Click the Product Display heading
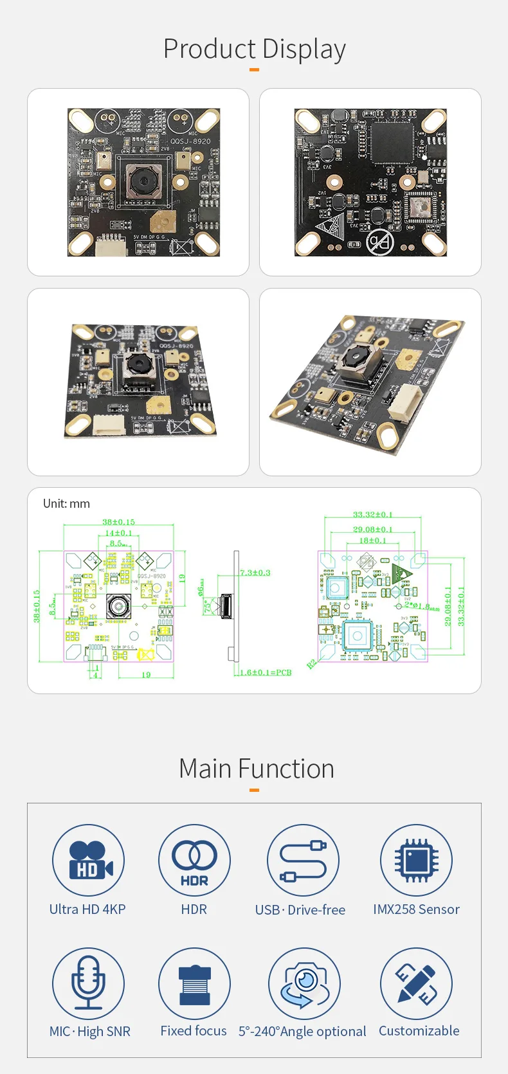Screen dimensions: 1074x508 (254, 49)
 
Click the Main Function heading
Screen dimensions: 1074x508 (256, 769)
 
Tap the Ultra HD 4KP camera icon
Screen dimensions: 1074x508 (88, 860)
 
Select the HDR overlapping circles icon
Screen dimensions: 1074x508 (194, 860)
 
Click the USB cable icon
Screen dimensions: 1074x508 (303, 860)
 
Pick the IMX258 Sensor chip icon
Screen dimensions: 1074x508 (416, 860)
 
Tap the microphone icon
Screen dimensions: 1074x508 (88, 983)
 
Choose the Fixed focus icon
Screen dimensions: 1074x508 (194, 984)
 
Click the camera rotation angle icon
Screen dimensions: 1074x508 (304, 983)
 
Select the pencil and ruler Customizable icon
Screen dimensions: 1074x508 (416, 983)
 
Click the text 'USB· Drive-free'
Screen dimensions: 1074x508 (300, 909)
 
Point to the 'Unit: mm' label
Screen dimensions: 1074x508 (66, 504)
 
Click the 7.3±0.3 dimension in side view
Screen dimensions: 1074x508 (255, 572)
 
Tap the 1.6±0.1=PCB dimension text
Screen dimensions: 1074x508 (266, 672)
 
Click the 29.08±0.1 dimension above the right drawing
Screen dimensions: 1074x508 (372, 529)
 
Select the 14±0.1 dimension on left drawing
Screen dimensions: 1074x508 (118, 533)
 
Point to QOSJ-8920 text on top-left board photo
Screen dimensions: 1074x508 (190, 141)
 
